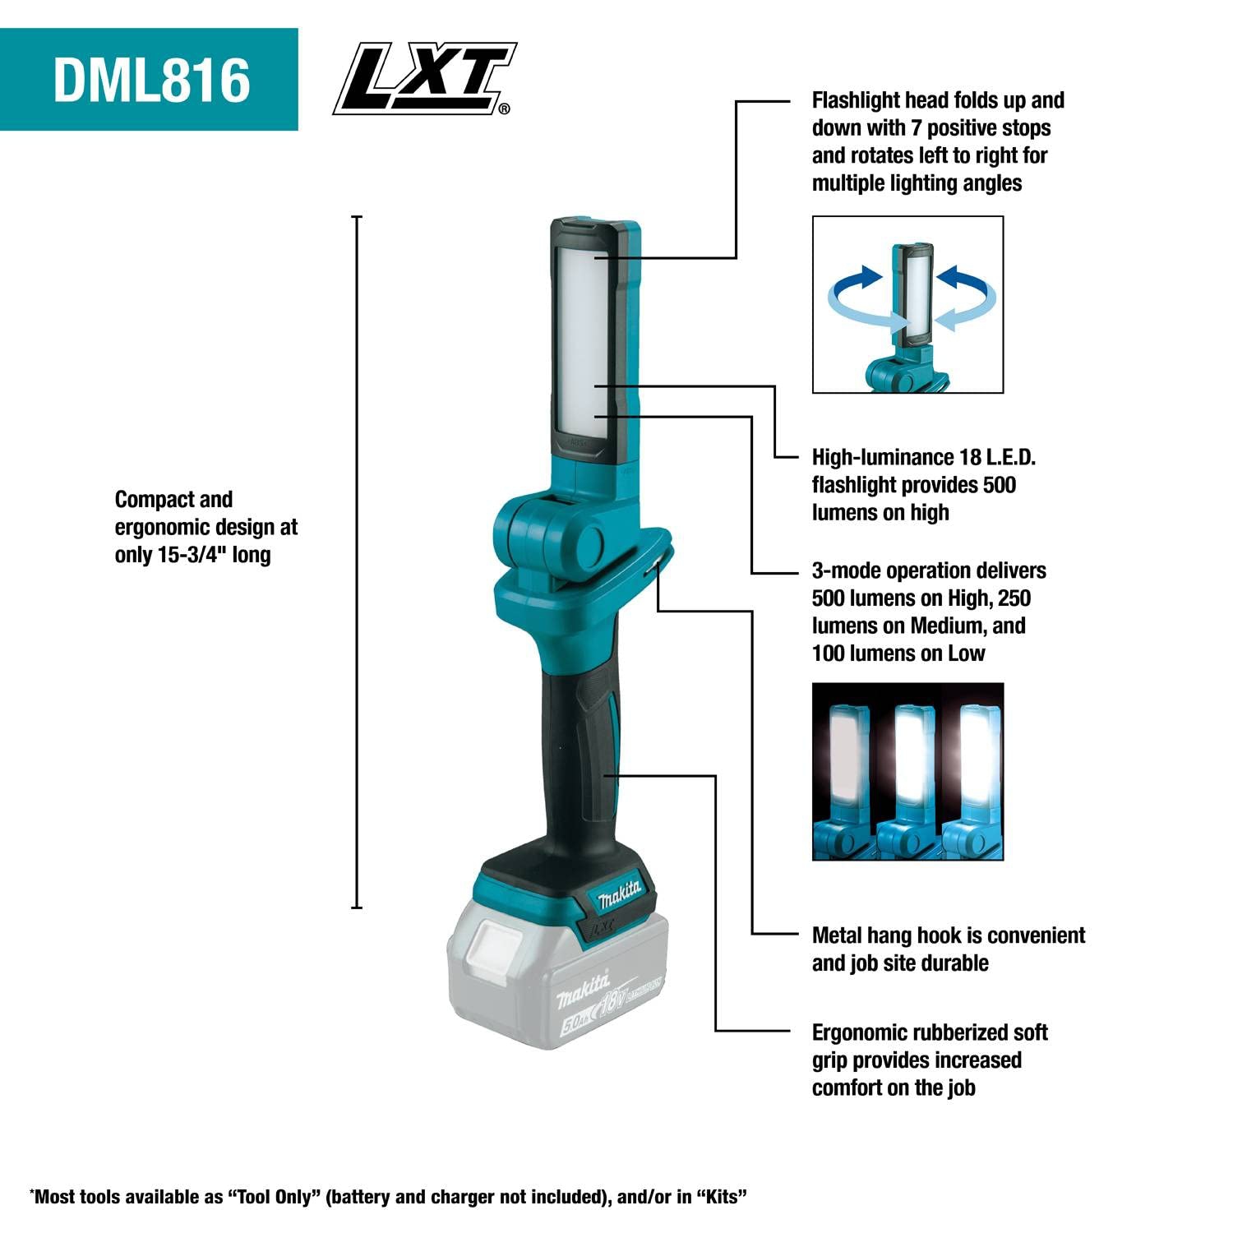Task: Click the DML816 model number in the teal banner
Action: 151,80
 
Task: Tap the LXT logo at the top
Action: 423,79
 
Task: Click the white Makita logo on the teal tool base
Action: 619,894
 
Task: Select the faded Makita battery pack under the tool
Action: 556,978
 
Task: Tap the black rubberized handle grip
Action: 575,756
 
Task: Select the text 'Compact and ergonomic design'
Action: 205,514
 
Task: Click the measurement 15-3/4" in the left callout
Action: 191,555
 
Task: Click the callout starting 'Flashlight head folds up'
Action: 937,141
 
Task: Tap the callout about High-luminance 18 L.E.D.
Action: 922,485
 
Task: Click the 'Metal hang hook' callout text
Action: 948,949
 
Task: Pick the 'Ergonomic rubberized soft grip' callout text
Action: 929,1060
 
